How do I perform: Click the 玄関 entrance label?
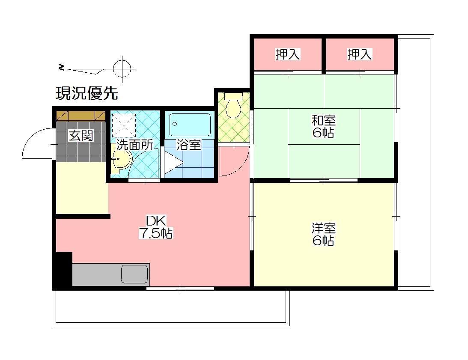pyautogui.click(x=81, y=136)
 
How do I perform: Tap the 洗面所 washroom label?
pyautogui.click(x=135, y=145)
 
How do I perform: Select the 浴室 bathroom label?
pyautogui.click(x=189, y=145)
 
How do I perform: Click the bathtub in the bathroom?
pyautogui.click(x=190, y=125)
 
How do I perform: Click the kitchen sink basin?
pyautogui.click(x=134, y=274)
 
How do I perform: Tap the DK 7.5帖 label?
pyautogui.click(x=155, y=227)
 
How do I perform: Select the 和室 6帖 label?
pyautogui.click(x=323, y=126)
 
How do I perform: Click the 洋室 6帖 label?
pyautogui.click(x=323, y=234)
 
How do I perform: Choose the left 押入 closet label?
pyautogui.click(x=287, y=54)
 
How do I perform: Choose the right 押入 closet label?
pyautogui.click(x=360, y=54)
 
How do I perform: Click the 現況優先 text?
pyautogui.click(x=87, y=93)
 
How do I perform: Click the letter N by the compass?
pyautogui.click(x=62, y=67)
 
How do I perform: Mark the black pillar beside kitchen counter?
pyautogui.click(x=63, y=270)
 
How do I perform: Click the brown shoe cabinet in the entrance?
pyautogui.click(x=81, y=116)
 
